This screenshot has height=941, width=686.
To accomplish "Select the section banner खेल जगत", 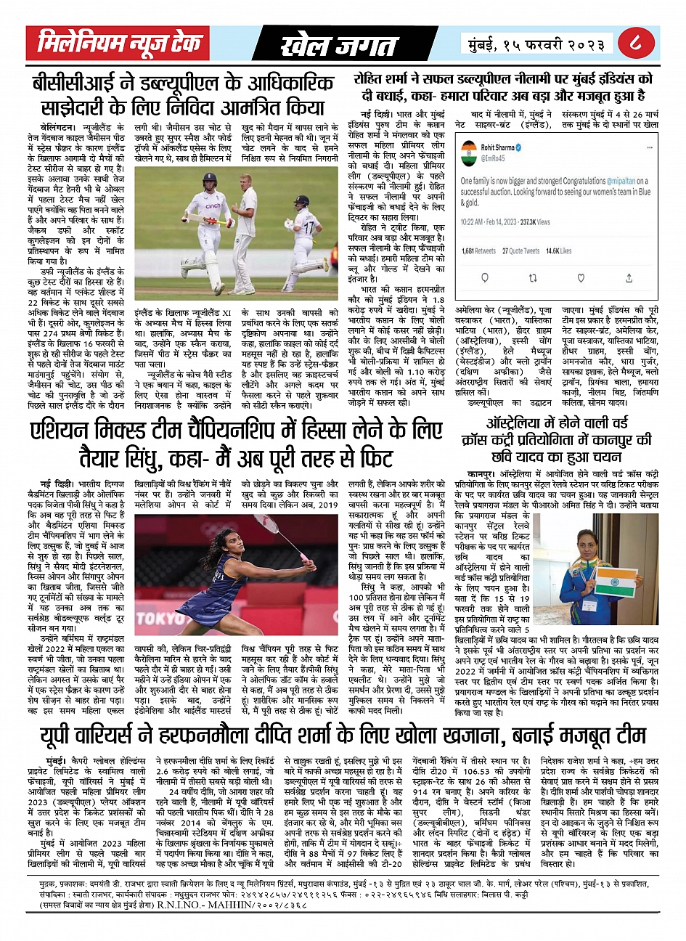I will click(x=340, y=45).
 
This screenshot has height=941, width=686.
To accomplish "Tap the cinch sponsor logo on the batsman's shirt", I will click(x=213, y=205).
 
